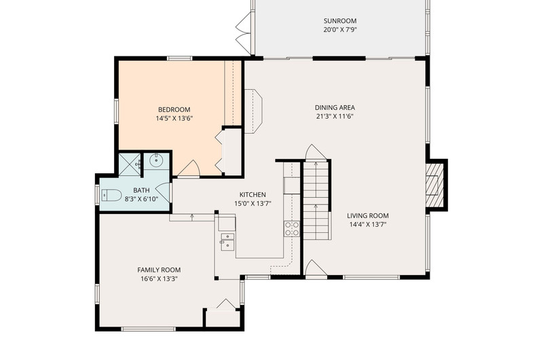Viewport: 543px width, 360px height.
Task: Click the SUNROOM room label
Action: click(x=340, y=21)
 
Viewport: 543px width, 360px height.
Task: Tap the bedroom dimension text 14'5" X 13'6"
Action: click(x=174, y=118)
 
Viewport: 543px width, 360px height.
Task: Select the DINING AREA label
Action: click(x=335, y=108)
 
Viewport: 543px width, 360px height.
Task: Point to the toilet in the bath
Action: click(x=111, y=196)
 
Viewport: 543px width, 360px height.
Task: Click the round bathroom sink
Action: click(x=157, y=160)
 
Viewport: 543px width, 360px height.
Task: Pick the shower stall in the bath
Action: click(x=130, y=164)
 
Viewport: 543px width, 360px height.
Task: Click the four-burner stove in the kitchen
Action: click(x=292, y=229)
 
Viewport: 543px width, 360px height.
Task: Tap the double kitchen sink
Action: click(x=227, y=241)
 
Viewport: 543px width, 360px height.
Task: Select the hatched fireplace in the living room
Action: click(x=434, y=185)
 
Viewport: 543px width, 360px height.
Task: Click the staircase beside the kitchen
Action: click(x=316, y=200)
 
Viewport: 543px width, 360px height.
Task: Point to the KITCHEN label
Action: click(x=252, y=195)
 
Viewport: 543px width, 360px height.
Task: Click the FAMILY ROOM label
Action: click(x=159, y=270)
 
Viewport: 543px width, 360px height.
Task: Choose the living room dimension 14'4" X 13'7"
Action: click(x=368, y=225)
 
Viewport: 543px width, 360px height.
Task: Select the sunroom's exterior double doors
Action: click(x=244, y=29)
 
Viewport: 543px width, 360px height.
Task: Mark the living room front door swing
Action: click(x=315, y=268)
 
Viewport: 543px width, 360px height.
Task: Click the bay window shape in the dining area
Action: click(x=253, y=111)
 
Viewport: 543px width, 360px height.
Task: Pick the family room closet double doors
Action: click(x=226, y=304)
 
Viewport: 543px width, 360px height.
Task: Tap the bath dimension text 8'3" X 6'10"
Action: click(x=141, y=199)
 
